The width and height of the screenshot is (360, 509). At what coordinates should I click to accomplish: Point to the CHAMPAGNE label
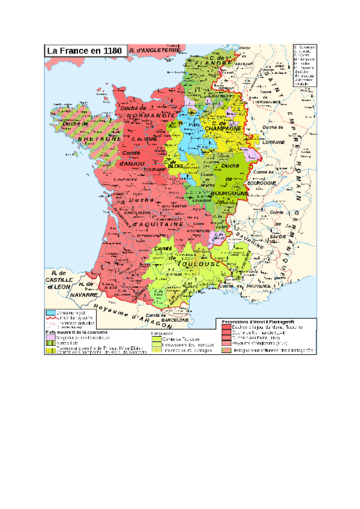(x=222, y=128)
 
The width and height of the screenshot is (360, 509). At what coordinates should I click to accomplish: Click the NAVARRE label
(x=83, y=295)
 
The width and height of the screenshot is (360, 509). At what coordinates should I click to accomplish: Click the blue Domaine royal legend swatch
(x=51, y=313)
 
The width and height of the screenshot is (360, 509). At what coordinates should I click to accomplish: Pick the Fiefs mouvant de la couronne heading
(x=76, y=331)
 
